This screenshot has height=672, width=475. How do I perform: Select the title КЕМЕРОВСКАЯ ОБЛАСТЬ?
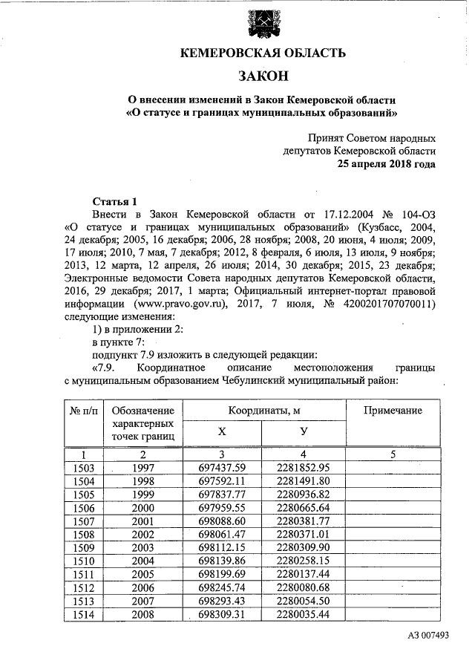tap(263, 53)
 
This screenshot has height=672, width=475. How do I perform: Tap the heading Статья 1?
tap(115, 201)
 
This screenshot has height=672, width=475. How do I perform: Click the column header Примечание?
tap(392, 411)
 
